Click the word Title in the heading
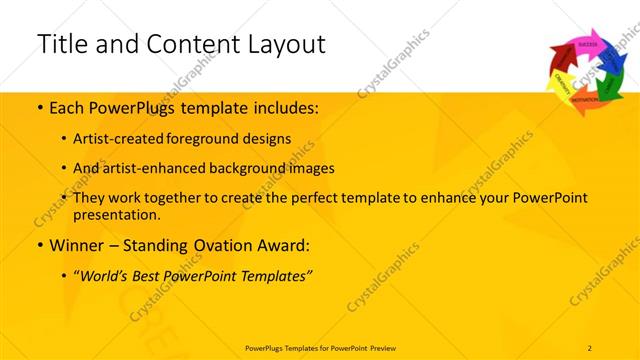click(64, 44)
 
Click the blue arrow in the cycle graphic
click(610, 61)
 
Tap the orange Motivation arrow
click(584, 103)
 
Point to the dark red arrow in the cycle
click(561, 59)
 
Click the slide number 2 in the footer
click(590, 347)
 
